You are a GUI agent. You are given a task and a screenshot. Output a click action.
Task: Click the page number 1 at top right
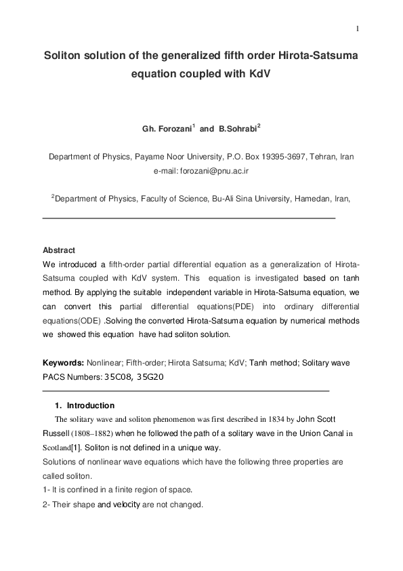coord(357,28)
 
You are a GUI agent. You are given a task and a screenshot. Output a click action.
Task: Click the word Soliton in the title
coord(64,55)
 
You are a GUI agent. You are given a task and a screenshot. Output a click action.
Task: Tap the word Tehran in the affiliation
coord(324,157)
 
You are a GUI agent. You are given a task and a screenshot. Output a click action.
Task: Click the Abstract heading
coord(59,250)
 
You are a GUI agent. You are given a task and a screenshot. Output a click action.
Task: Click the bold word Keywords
coord(63,363)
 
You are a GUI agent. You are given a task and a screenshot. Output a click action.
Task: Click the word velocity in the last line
coord(127,505)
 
